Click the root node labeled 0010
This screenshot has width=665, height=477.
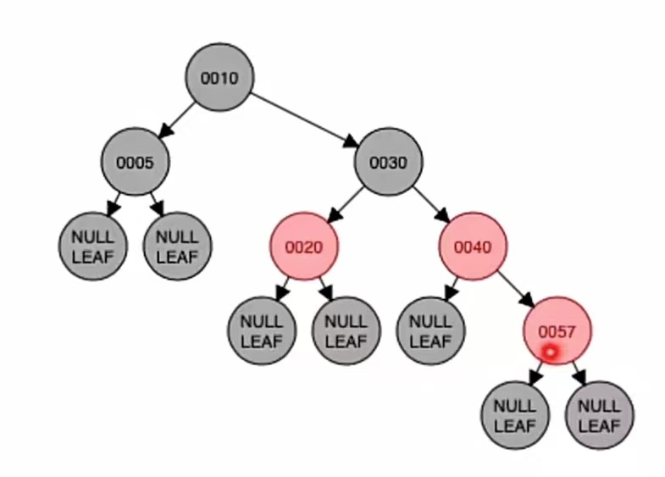[219, 77]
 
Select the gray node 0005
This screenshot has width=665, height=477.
[135, 162]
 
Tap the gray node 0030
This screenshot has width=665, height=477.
[389, 162]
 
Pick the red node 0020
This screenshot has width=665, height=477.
[304, 247]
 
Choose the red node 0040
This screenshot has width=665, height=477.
[473, 247]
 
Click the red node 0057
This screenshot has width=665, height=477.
[557, 331]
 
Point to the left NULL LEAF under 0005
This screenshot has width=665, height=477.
[92, 247]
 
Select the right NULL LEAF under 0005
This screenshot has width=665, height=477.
[177, 247]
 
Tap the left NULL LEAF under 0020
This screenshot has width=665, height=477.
[262, 331]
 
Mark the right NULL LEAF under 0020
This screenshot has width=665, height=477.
[346, 331]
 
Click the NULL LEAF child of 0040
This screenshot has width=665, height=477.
[430, 331]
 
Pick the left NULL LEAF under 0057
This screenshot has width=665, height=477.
[515, 415]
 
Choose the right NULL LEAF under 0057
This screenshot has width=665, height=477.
[599, 415]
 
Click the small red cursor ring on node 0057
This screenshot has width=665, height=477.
[551, 351]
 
